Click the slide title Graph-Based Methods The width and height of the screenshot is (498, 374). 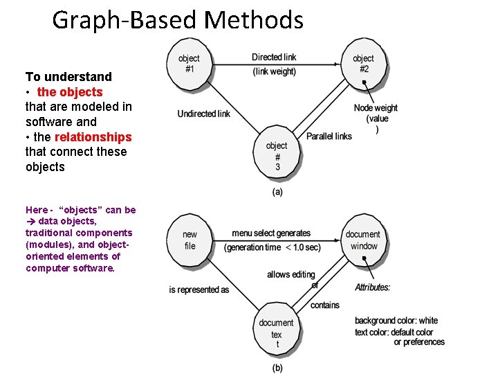click(x=178, y=19)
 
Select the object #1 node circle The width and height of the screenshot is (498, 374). click(x=188, y=64)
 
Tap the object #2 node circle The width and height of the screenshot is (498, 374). click(x=362, y=64)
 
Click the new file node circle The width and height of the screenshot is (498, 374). click(x=190, y=240)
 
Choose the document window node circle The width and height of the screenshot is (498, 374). click(x=362, y=240)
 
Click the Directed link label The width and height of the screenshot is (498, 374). click(x=274, y=57)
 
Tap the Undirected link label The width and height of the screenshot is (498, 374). click(x=203, y=114)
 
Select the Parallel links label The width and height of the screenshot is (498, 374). click(x=329, y=136)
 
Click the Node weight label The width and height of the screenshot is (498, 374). click(x=376, y=108)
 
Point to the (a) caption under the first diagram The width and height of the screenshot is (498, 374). click(x=277, y=192)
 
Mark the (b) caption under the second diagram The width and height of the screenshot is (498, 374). click(x=277, y=368)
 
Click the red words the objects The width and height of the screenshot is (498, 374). click(x=70, y=91)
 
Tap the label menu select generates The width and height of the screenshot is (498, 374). click(x=271, y=233)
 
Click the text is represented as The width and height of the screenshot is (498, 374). click(x=199, y=290)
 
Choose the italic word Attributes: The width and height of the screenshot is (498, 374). click(x=373, y=287)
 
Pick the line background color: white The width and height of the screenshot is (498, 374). click(x=396, y=321)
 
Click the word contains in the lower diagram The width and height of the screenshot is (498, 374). click(x=324, y=305)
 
